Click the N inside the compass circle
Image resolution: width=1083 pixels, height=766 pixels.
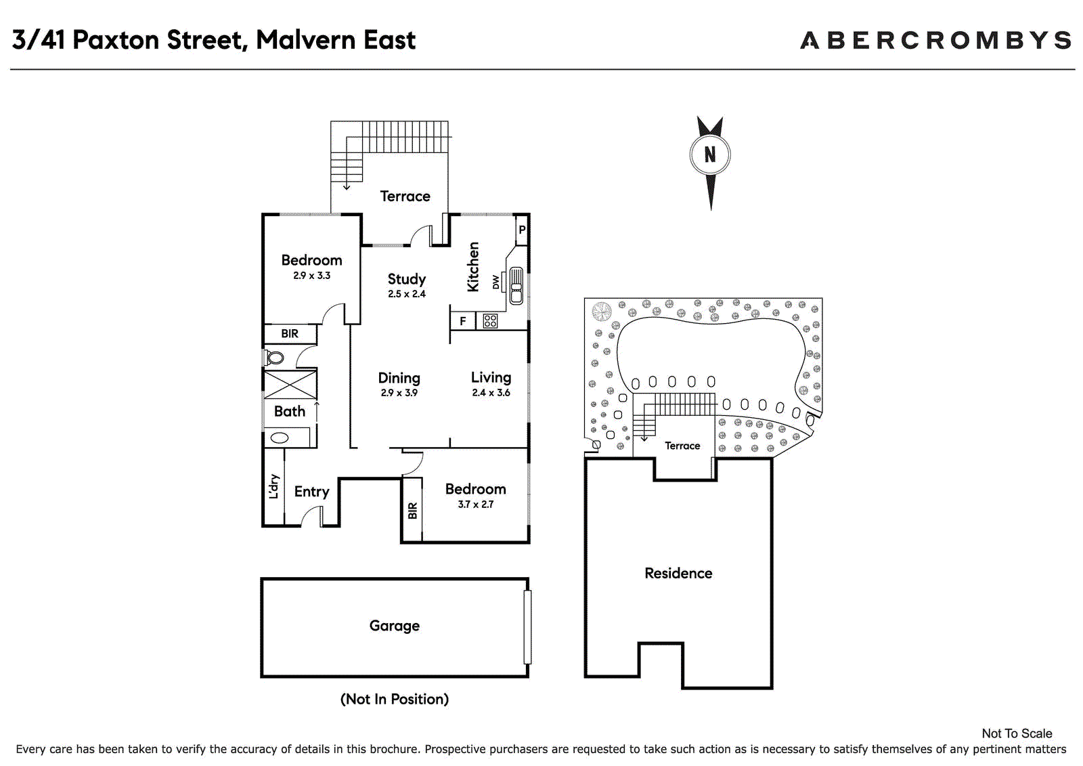click(x=710, y=154)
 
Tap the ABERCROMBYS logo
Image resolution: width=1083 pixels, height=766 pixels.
click(x=936, y=40)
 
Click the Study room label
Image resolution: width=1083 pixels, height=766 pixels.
click(x=407, y=279)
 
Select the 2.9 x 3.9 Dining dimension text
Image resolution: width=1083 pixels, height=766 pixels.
click(x=399, y=392)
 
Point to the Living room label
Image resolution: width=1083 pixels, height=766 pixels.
click(x=491, y=377)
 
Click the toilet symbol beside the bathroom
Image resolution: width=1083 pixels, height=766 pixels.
click(x=273, y=358)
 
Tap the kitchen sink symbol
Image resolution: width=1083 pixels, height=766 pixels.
click(x=516, y=286)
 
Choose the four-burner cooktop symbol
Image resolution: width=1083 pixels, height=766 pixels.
click(x=490, y=321)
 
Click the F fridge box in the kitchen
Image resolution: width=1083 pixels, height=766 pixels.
click(x=463, y=321)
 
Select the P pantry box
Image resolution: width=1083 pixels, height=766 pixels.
click(x=522, y=230)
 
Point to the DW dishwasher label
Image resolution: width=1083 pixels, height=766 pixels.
click(x=495, y=282)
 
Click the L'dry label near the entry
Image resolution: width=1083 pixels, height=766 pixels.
click(x=273, y=486)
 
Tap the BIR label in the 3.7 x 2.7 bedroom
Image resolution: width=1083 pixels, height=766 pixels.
click(x=412, y=511)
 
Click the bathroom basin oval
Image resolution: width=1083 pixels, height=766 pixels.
click(x=280, y=438)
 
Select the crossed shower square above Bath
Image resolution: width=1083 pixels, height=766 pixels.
click(x=290, y=385)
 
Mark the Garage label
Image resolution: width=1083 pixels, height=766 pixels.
click(x=395, y=626)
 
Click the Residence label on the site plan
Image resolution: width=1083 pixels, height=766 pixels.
click(x=678, y=574)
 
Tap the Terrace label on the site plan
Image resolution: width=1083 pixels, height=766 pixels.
click(x=682, y=446)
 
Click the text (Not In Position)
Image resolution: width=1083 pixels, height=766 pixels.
click(x=395, y=699)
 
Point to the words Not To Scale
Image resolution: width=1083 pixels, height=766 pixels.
click(x=1017, y=733)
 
